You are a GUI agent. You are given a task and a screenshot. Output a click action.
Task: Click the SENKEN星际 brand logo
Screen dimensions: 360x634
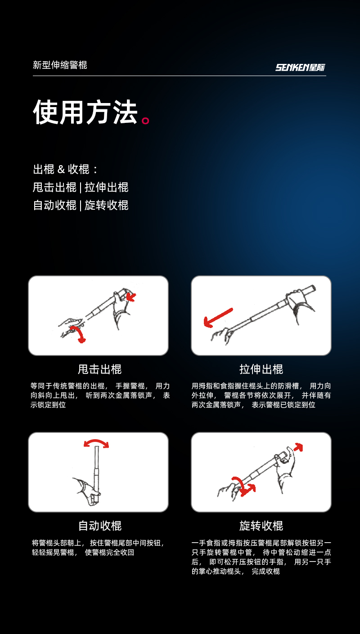coord(300,67)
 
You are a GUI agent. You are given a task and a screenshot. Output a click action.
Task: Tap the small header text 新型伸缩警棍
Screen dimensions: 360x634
coord(60,65)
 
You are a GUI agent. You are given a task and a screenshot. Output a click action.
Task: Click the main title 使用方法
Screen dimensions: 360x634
coord(85,112)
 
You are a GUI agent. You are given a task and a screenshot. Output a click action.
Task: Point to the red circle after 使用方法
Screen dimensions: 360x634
coord(145,121)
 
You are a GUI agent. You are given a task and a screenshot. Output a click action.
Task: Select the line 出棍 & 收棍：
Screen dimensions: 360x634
coord(66,169)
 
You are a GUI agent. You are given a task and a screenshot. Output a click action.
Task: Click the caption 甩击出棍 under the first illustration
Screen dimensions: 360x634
coord(99,369)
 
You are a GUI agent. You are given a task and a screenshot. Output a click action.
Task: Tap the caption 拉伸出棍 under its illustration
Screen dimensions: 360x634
coord(261,369)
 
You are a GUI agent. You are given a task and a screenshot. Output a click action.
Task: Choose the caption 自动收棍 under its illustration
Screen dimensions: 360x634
coord(99,526)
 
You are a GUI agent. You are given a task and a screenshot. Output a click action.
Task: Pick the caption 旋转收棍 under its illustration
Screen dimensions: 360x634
coord(261,526)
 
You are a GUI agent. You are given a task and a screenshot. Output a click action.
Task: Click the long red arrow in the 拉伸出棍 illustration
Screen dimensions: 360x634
coord(218,318)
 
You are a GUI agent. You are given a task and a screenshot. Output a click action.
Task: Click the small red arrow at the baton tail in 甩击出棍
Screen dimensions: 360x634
coord(131,297)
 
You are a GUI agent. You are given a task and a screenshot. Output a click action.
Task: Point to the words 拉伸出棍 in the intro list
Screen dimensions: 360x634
coord(106,187)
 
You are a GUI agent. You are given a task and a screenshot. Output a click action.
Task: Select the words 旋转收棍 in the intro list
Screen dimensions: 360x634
coord(106,205)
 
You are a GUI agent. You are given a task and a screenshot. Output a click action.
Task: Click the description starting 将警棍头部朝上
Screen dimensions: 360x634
coord(98,548)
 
